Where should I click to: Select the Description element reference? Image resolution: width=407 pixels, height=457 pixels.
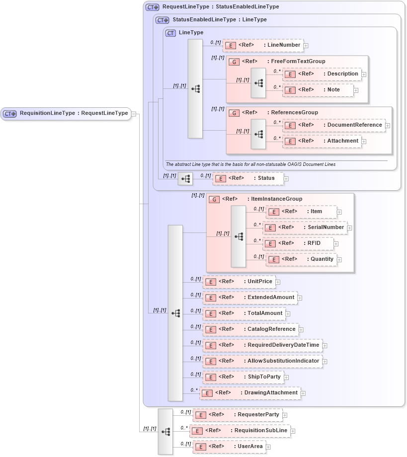[322, 74]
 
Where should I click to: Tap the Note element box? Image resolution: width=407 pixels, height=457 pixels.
[318, 90]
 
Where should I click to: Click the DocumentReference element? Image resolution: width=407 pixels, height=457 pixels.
[333, 125]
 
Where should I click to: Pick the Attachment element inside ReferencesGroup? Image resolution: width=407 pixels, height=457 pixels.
[322, 141]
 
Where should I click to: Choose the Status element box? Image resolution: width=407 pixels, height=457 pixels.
[247, 178]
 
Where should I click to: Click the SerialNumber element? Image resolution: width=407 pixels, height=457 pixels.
[305, 228]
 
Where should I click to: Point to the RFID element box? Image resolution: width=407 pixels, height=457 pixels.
[298, 243]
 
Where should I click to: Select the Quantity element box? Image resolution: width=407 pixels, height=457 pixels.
[301, 259]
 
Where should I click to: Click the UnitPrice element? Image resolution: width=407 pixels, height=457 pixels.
[239, 282]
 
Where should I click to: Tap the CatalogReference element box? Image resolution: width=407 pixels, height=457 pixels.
[250, 329]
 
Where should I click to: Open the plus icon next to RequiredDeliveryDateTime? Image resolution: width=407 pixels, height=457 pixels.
[325, 345]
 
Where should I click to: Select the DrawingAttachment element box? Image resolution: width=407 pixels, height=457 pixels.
[249, 393]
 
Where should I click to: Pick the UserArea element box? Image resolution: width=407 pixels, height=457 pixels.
[229, 447]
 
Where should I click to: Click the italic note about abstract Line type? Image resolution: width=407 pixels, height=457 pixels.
[250, 164]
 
